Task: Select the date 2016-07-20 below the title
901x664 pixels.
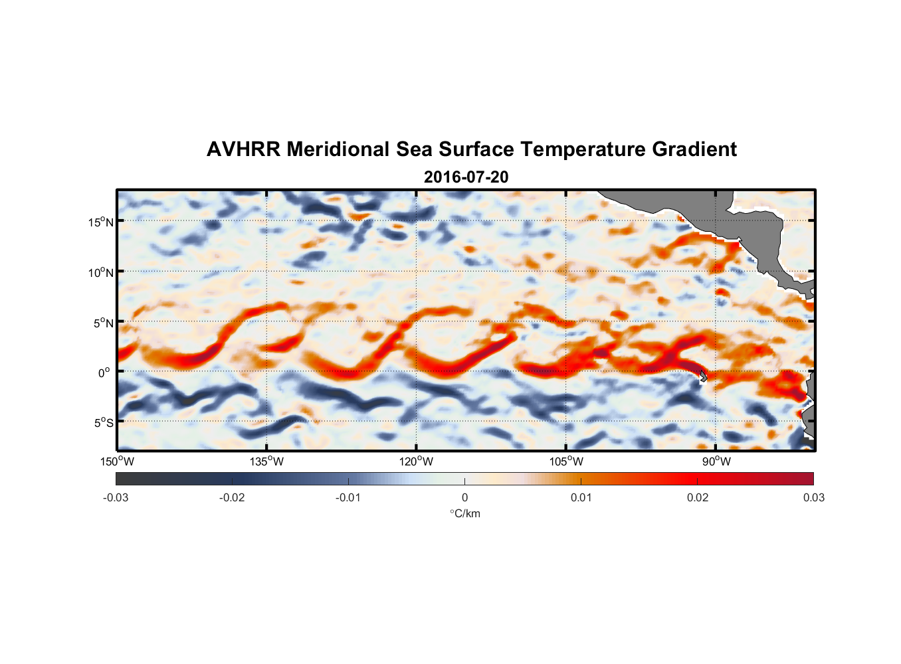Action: pos(466,177)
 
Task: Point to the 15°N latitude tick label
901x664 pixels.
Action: pos(101,222)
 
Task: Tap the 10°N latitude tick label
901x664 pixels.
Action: pos(101,272)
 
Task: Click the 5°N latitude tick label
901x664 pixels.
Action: pos(103,323)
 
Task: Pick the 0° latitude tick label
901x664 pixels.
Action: pos(104,373)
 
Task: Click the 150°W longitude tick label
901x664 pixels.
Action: pos(118,461)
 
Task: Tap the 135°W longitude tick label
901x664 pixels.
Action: pos(267,461)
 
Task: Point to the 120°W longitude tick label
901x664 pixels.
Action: pos(417,461)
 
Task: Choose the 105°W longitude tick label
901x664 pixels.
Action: pos(566,461)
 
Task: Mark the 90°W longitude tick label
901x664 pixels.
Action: pos(716,461)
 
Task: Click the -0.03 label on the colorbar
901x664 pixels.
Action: pos(116,497)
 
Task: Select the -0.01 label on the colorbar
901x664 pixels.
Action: pos(348,497)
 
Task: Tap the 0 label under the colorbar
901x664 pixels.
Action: pos(464,497)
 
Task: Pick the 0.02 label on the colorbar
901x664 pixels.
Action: pos(697,497)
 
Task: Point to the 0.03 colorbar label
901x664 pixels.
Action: pos(813,497)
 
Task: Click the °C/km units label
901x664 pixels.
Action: pos(464,513)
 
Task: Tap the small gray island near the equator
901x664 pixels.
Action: pos(702,376)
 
